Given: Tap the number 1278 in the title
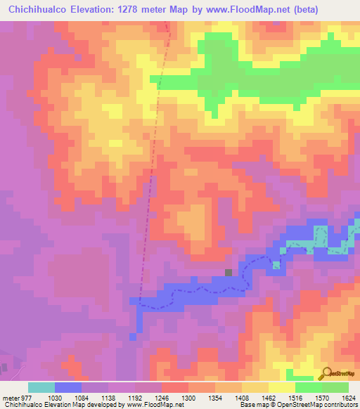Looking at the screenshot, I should pos(144,10).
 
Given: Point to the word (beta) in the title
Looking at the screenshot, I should pos(298,10).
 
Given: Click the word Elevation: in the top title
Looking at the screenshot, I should pos(103,10).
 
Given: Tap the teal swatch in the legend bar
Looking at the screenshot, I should pos(41,387).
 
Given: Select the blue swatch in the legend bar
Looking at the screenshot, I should pos(68,387).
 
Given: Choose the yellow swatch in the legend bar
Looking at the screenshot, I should pos(282,387).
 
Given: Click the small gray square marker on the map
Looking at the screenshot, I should pos(228,273).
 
